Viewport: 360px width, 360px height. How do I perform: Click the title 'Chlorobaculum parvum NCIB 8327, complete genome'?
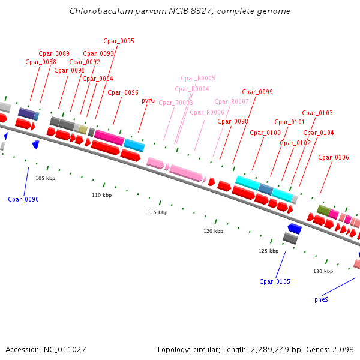coord(180,11)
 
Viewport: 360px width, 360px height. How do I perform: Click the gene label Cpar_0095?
coord(119,41)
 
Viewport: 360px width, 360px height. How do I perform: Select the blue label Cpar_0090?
coord(23,199)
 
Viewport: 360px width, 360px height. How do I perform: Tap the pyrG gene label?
coord(148,101)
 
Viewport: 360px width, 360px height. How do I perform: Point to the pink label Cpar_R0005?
coord(198,79)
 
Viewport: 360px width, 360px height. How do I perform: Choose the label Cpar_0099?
coord(257,92)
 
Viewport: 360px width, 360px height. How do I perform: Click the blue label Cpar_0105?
coord(275,281)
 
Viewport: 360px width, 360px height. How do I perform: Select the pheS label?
coord(321,299)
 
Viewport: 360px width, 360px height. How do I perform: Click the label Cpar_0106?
coord(334,158)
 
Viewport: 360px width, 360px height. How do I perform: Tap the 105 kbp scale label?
coord(45,179)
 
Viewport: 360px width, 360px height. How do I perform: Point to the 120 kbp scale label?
coord(213,231)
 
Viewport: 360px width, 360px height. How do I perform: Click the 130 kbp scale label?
coord(323,272)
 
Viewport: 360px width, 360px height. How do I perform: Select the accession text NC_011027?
coord(46,349)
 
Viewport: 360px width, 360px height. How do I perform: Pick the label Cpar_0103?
coord(317,113)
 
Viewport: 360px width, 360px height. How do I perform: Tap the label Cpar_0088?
coord(41,62)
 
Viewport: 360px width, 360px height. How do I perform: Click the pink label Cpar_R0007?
coord(232,102)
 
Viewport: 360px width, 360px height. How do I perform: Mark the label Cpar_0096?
coord(123,93)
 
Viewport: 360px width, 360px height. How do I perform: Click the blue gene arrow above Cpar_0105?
coord(294,229)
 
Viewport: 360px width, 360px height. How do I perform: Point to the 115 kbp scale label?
coord(157,213)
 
